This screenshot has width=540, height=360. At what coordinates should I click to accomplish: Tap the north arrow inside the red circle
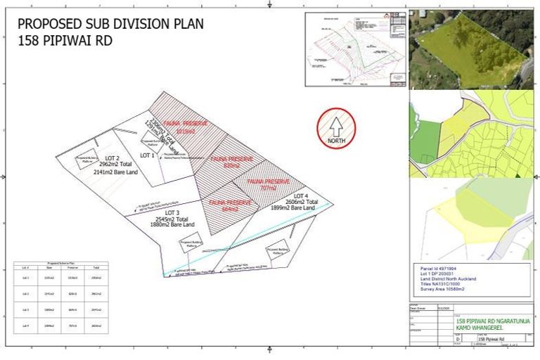pos(336,127)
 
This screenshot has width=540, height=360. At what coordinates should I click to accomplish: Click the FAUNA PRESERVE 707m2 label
pos(267,185)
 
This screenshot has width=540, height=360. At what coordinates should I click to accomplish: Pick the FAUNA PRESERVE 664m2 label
pos(230,205)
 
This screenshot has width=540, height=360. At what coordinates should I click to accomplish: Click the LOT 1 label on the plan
pos(147,155)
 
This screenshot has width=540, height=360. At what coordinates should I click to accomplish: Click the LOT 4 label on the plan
pos(301,195)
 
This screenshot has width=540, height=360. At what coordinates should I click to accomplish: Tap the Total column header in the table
pos(96,268)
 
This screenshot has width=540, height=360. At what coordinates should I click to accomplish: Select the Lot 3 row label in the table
pos(25,310)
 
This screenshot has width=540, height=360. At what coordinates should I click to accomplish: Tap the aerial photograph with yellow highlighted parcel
pos(471,49)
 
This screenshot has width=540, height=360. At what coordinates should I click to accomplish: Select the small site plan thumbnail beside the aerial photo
pos(356,49)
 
